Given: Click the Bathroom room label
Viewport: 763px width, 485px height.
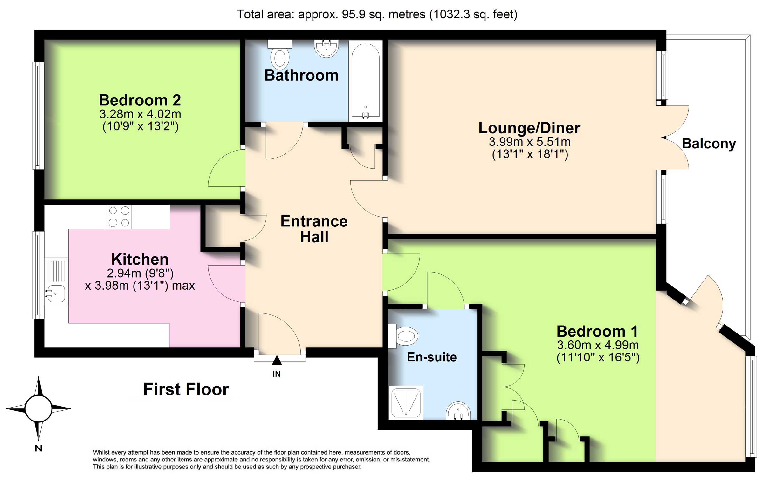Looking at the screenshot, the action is pyautogui.click(x=301, y=76).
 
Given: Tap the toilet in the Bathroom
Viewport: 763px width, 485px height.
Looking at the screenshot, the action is pyautogui.click(x=280, y=55).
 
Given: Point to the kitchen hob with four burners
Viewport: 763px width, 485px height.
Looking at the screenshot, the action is pyautogui.click(x=119, y=217).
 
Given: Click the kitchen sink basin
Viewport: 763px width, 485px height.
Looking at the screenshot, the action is pyautogui.click(x=56, y=293).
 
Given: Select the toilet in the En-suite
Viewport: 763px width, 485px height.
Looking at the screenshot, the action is pyautogui.click(x=403, y=336).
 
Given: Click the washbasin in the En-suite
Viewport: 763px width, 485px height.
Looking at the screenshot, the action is pyautogui.click(x=458, y=411).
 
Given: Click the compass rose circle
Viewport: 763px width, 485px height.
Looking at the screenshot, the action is pyautogui.click(x=38, y=409).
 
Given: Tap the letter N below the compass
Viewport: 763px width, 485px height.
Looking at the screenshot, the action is pyautogui.click(x=38, y=448).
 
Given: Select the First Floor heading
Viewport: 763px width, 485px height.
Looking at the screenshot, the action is pyautogui.click(x=186, y=389).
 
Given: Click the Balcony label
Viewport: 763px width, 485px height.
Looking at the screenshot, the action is pyautogui.click(x=709, y=144).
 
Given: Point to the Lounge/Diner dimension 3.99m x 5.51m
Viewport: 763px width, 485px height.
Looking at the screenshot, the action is pyautogui.click(x=530, y=142).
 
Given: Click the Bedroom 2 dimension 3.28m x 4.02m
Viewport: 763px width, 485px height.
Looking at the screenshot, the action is pyautogui.click(x=140, y=114).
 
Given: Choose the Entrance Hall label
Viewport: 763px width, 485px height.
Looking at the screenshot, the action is pyautogui.click(x=314, y=229).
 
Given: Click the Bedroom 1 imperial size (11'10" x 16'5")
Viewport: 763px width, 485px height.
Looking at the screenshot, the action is pyautogui.click(x=598, y=358).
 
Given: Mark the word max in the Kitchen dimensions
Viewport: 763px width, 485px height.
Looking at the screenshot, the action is pyautogui.click(x=183, y=286).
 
